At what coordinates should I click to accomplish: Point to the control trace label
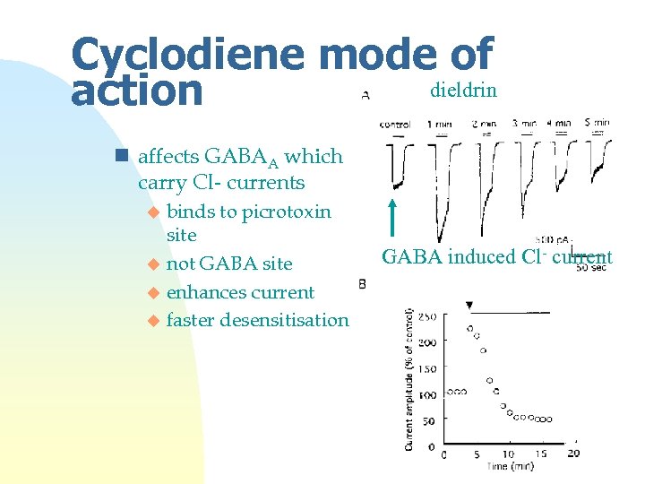pos(395,124)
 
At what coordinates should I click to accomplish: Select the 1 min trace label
pos(440,123)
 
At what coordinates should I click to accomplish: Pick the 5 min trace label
pos(598,123)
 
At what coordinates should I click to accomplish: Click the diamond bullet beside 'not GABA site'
pos(153,264)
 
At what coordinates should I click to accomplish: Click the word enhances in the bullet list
pos(204,292)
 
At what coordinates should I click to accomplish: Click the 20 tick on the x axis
pos(572,454)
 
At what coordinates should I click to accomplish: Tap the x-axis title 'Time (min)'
pos(510,467)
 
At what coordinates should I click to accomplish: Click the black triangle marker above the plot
pos(469,306)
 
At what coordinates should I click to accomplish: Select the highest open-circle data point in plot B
pos(469,328)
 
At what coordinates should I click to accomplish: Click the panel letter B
pos(362,284)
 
